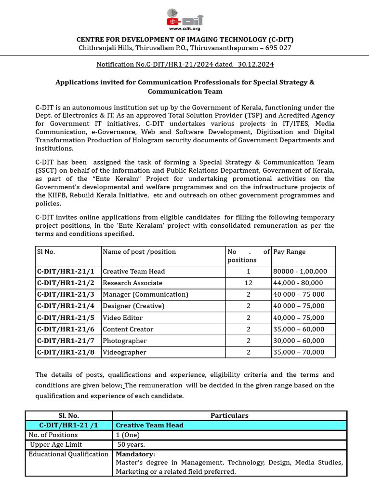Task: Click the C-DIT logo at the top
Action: coord(185,17)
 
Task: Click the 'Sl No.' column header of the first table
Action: coord(46,252)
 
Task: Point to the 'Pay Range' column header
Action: coord(289,252)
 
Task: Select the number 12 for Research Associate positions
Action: coord(248,283)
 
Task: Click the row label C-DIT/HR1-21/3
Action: coord(66,294)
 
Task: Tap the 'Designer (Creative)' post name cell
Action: coord(133,306)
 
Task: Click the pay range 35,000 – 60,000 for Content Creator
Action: coord(299,329)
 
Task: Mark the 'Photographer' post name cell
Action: coord(125,341)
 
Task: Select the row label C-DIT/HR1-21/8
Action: coord(66,353)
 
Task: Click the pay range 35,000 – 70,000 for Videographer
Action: coord(299,353)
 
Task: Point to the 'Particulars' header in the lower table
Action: coord(229,415)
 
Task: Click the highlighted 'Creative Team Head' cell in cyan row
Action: coord(149,425)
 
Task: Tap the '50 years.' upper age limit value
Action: coord(132,444)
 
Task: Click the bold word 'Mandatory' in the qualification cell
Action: coord(135,454)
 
